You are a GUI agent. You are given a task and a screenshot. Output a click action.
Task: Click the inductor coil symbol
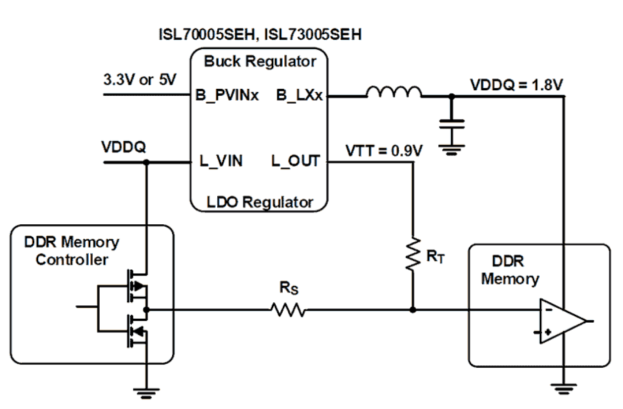tap(394, 92)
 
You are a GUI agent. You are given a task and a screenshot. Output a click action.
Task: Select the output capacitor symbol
tap(451, 124)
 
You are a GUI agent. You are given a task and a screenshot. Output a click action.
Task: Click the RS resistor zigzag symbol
tap(288, 310)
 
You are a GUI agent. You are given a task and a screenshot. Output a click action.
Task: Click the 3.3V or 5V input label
tap(139, 80)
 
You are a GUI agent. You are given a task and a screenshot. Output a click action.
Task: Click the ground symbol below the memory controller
tap(146, 392)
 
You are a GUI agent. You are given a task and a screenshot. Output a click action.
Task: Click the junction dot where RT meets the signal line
tap(413, 310)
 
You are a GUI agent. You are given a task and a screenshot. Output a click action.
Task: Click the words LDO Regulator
tap(259, 202)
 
